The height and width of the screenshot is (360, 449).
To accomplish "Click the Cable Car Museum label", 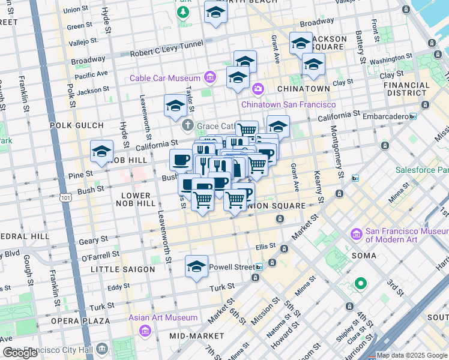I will point(165,79).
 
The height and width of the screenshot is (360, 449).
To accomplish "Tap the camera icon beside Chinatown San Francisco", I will point(258,89).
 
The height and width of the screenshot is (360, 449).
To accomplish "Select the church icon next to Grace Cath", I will point(188,125).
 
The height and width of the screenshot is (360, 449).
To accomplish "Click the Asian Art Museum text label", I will point(163,317).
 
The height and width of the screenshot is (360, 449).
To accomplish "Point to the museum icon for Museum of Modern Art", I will point(357,233).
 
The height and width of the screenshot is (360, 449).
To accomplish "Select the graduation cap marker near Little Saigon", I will point(196,266).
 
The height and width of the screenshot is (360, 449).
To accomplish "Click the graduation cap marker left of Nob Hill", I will point(102,152).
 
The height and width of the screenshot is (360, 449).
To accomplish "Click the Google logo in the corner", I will point(20,353).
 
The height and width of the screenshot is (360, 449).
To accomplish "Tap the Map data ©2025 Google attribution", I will point(412,355).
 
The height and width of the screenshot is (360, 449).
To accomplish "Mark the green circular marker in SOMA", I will point(360,283).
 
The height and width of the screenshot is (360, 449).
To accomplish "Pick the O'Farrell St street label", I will point(100,256).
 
